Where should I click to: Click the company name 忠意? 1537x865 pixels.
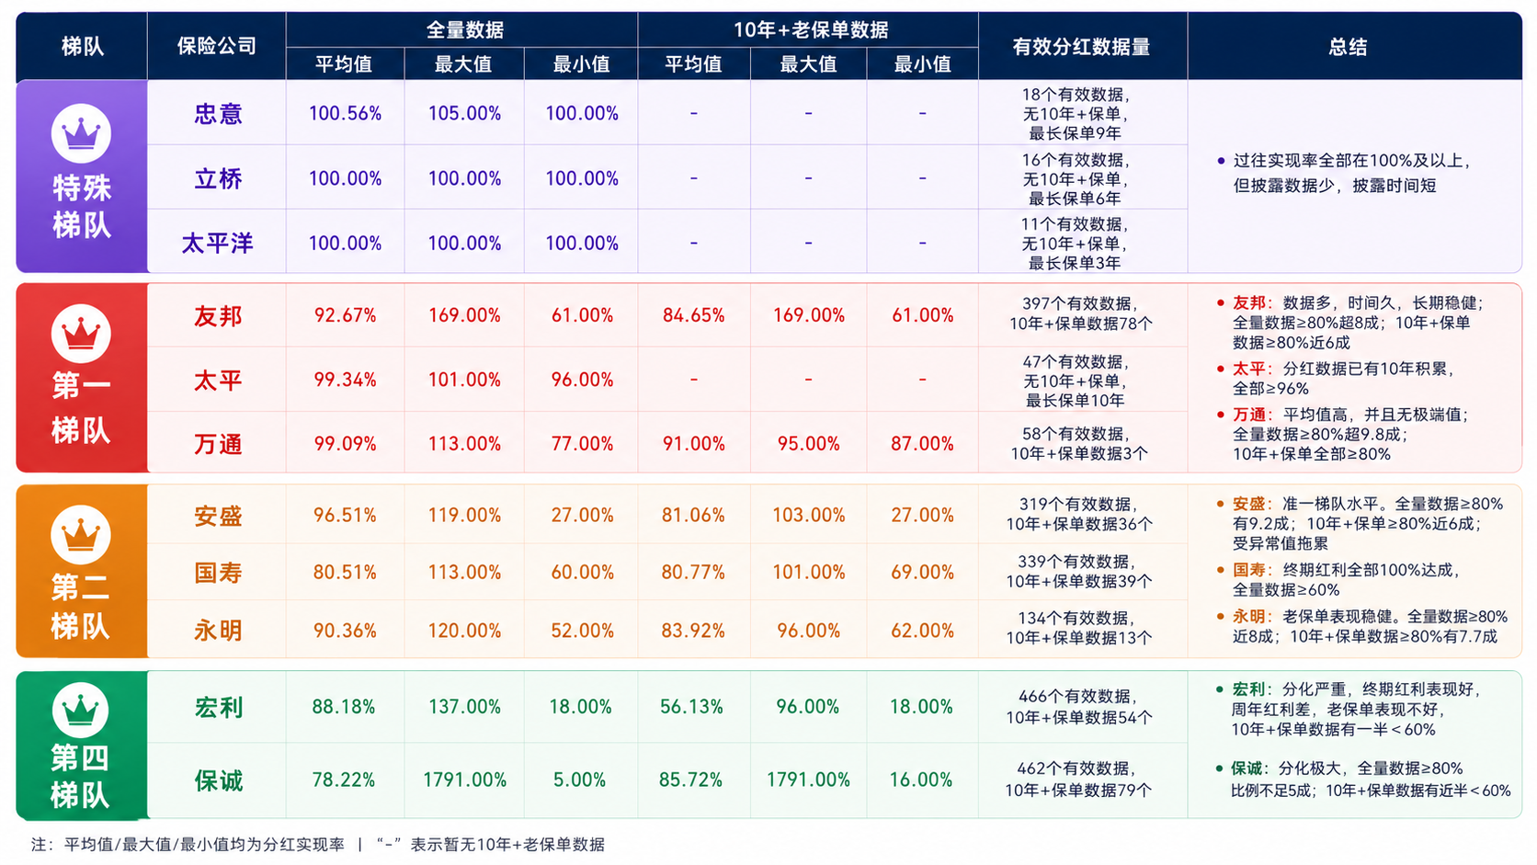[218, 113]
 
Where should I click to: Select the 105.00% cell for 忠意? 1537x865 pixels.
[464, 113]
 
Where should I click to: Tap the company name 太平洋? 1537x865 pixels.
[218, 244]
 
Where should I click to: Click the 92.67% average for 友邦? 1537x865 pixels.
[345, 315]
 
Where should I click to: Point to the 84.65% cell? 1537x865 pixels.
[694, 315]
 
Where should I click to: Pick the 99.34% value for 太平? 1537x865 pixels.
[345, 380]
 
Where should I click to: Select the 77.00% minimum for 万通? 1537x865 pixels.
[582, 444]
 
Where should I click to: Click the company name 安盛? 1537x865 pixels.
[218, 516]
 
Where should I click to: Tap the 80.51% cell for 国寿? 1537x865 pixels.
[345, 572]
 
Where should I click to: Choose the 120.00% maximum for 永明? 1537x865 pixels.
[464, 631]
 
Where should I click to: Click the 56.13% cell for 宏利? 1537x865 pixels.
[691, 707]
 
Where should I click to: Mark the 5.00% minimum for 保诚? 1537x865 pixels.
[580, 780]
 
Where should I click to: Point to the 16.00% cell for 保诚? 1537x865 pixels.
[921, 780]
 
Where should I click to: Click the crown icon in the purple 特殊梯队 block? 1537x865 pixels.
[81, 133]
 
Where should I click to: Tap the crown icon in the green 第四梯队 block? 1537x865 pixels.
[80, 710]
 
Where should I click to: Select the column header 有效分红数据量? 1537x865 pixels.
[1081, 47]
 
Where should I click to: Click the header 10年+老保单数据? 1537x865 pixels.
[811, 29]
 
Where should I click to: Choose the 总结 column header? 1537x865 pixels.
[1348, 47]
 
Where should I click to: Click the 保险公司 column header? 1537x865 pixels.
[217, 46]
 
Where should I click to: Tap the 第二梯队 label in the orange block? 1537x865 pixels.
[80, 607]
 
